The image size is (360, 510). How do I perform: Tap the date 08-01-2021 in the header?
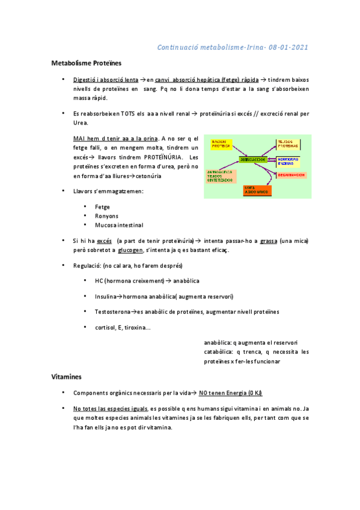(x=291, y=47)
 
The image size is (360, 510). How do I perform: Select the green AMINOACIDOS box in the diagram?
(x=252, y=160)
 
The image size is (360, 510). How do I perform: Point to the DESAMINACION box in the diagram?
(x=291, y=175)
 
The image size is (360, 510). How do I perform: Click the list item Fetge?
(x=102, y=206)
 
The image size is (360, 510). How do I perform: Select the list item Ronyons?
(x=106, y=216)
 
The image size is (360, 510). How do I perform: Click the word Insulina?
(x=105, y=296)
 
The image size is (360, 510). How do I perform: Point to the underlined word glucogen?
(x=130, y=250)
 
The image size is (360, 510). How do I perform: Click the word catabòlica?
(x=220, y=352)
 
